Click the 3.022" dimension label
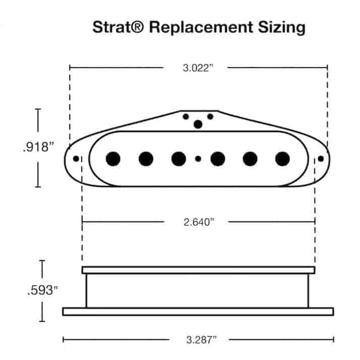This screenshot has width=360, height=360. (198, 68)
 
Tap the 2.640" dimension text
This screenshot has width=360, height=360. (199, 222)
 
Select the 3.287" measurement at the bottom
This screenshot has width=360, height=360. (202, 339)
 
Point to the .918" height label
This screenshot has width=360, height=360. (39, 147)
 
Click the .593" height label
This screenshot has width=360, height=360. (42, 290)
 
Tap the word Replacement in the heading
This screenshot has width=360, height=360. (201, 28)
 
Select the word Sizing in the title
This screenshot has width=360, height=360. (281, 28)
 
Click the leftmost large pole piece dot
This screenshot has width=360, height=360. (113, 158)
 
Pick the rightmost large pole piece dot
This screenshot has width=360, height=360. (282, 158)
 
